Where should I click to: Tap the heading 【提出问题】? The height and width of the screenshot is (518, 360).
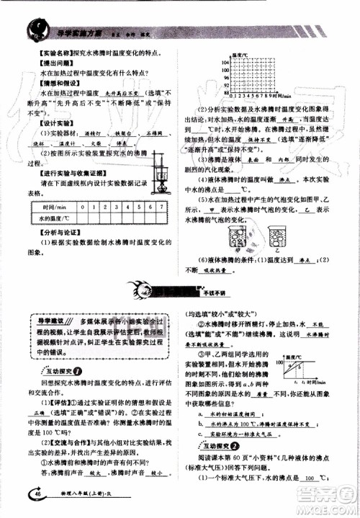click(x=41, y=63)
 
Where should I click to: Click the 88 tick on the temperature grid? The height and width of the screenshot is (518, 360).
click(x=227, y=93)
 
